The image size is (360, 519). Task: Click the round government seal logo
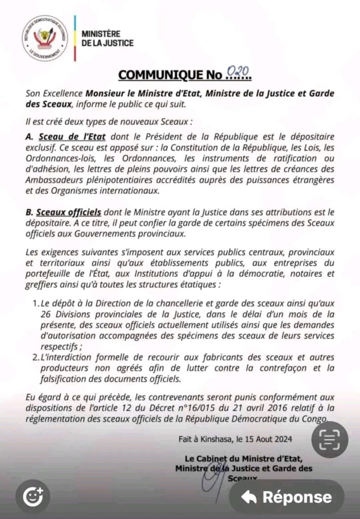coord(45,38)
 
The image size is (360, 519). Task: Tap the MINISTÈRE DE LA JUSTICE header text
coord(107,39)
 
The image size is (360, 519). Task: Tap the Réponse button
coord(287,497)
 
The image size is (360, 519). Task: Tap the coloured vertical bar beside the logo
coord(75,38)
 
